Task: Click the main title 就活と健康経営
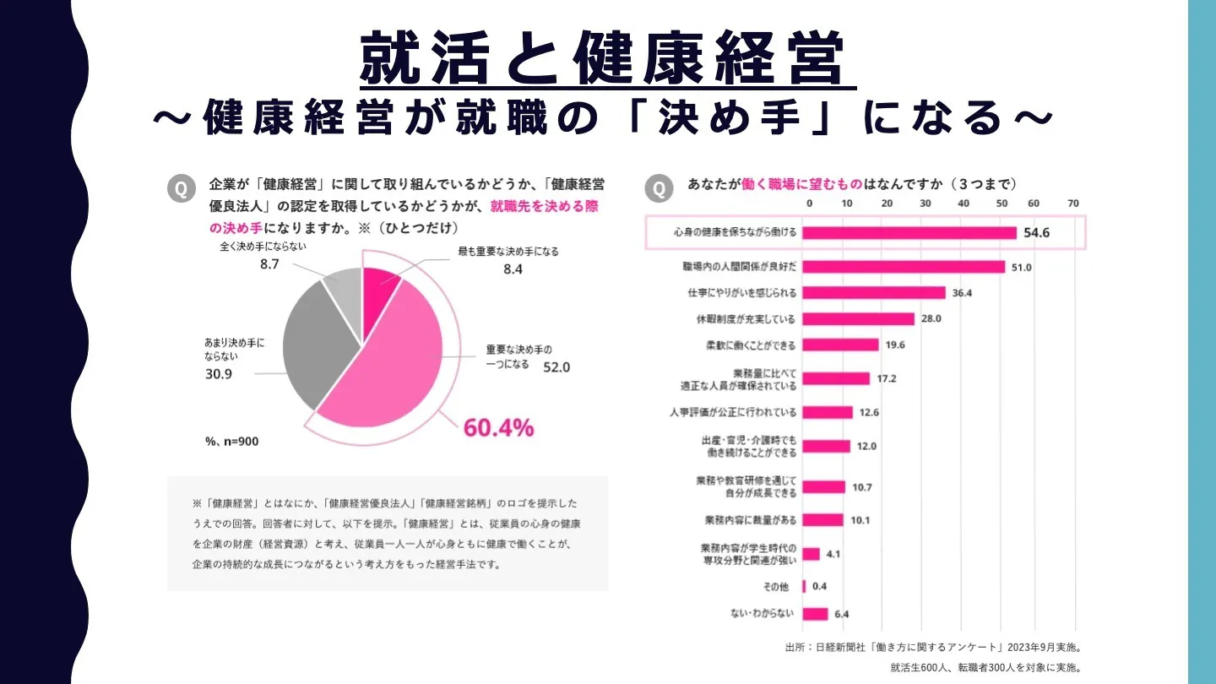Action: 606,59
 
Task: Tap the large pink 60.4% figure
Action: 498,427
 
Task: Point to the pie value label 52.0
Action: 556,367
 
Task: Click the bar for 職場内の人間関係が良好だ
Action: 904,267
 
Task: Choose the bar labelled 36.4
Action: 873,293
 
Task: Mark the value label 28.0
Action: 931,319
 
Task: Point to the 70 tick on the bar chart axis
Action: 1073,204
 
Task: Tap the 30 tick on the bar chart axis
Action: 926,204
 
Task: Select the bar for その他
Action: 804,586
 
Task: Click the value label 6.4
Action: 841,615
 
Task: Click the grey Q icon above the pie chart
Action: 181,189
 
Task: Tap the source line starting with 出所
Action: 933,648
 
